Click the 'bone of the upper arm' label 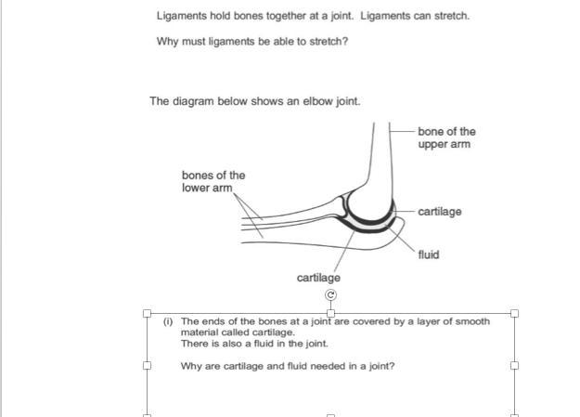tap(445, 137)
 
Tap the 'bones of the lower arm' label tap(213, 181)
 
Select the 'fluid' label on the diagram tap(428, 254)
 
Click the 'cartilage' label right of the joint tap(439, 212)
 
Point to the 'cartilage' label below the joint tap(318, 278)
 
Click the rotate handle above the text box tap(331, 295)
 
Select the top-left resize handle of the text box tap(147, 313)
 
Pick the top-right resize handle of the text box tap(515, 313)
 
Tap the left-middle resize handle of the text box tap(147, 365)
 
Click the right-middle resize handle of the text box tap(515, 365)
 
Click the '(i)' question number tap(168, 321)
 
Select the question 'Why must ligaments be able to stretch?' tap(251, 41)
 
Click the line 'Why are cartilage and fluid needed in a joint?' tap(288, 366)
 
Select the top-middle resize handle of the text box tap(331, 313)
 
